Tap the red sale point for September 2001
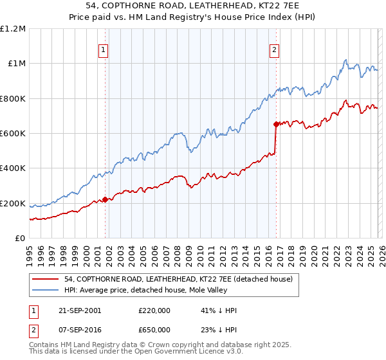click(106, 199)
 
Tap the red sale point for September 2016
click(276, 124)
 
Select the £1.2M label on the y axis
click(13, 29)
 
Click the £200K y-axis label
click(13, 204)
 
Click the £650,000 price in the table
click(155, 329)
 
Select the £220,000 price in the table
click(155, 310)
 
